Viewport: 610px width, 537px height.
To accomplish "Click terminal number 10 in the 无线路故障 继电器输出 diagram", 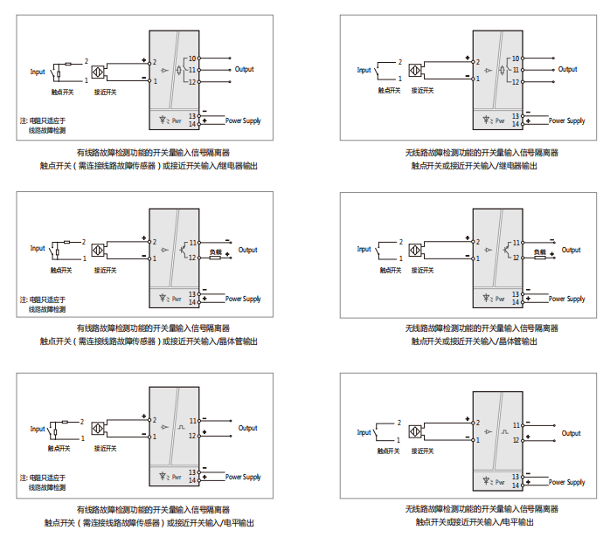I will click(x=516, y=58).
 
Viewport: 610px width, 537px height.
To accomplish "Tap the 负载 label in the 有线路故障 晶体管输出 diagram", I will click(x=215, y=253).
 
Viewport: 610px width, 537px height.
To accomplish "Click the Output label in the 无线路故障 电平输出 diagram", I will click(x=571, y=433).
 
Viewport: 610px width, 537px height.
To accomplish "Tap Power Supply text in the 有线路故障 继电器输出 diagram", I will click(x=243, y=120).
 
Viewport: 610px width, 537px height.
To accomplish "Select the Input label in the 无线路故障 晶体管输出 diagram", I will click(x=364, y=249).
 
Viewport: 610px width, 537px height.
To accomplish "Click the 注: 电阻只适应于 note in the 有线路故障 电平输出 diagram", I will click(x=43, y=477).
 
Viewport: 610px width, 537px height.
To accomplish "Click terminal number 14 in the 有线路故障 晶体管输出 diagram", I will click(x=193, y=303).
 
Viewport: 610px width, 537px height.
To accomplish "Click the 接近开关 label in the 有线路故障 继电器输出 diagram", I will click(x=105, y=91).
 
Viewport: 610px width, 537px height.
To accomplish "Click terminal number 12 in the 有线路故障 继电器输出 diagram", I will click(x=193, y=81).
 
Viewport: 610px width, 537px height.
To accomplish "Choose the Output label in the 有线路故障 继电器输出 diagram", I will click(x=245, y=69).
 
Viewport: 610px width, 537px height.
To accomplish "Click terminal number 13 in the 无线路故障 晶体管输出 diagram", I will click(x=516, y=294).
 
